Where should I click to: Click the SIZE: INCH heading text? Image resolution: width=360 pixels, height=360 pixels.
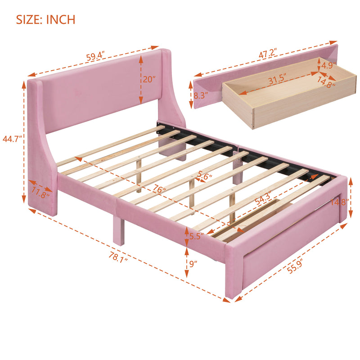(x=45, y=19)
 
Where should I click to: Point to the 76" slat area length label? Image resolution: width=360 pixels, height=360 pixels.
(x=158, y=189)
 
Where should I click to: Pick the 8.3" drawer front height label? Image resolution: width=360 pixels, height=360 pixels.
(x=186, y=95)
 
